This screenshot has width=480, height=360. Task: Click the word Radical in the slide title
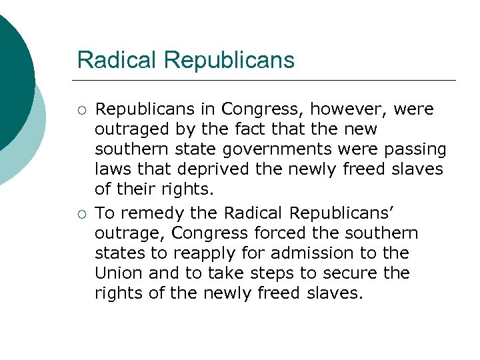117,60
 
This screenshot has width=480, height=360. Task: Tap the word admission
319,253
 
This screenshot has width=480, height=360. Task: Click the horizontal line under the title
267,81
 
